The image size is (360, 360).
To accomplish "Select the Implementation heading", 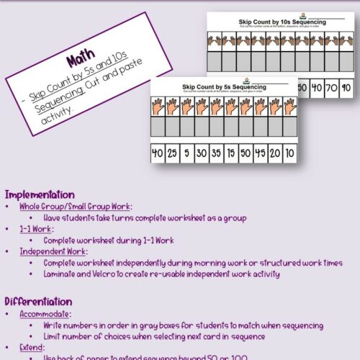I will coord(40,194).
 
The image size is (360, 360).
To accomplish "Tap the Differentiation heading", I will coord(38,302).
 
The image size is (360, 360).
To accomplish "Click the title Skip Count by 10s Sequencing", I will coord(282,22).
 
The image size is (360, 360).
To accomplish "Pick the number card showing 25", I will coord(172,153).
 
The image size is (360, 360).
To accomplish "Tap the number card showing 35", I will coord(217,153).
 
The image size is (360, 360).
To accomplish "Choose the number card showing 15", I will coord(233,153).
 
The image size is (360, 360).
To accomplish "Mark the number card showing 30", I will coord(202,153).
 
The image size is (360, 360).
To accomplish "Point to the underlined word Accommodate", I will coord(45,314).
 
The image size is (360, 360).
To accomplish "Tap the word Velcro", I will coord(109,274).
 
